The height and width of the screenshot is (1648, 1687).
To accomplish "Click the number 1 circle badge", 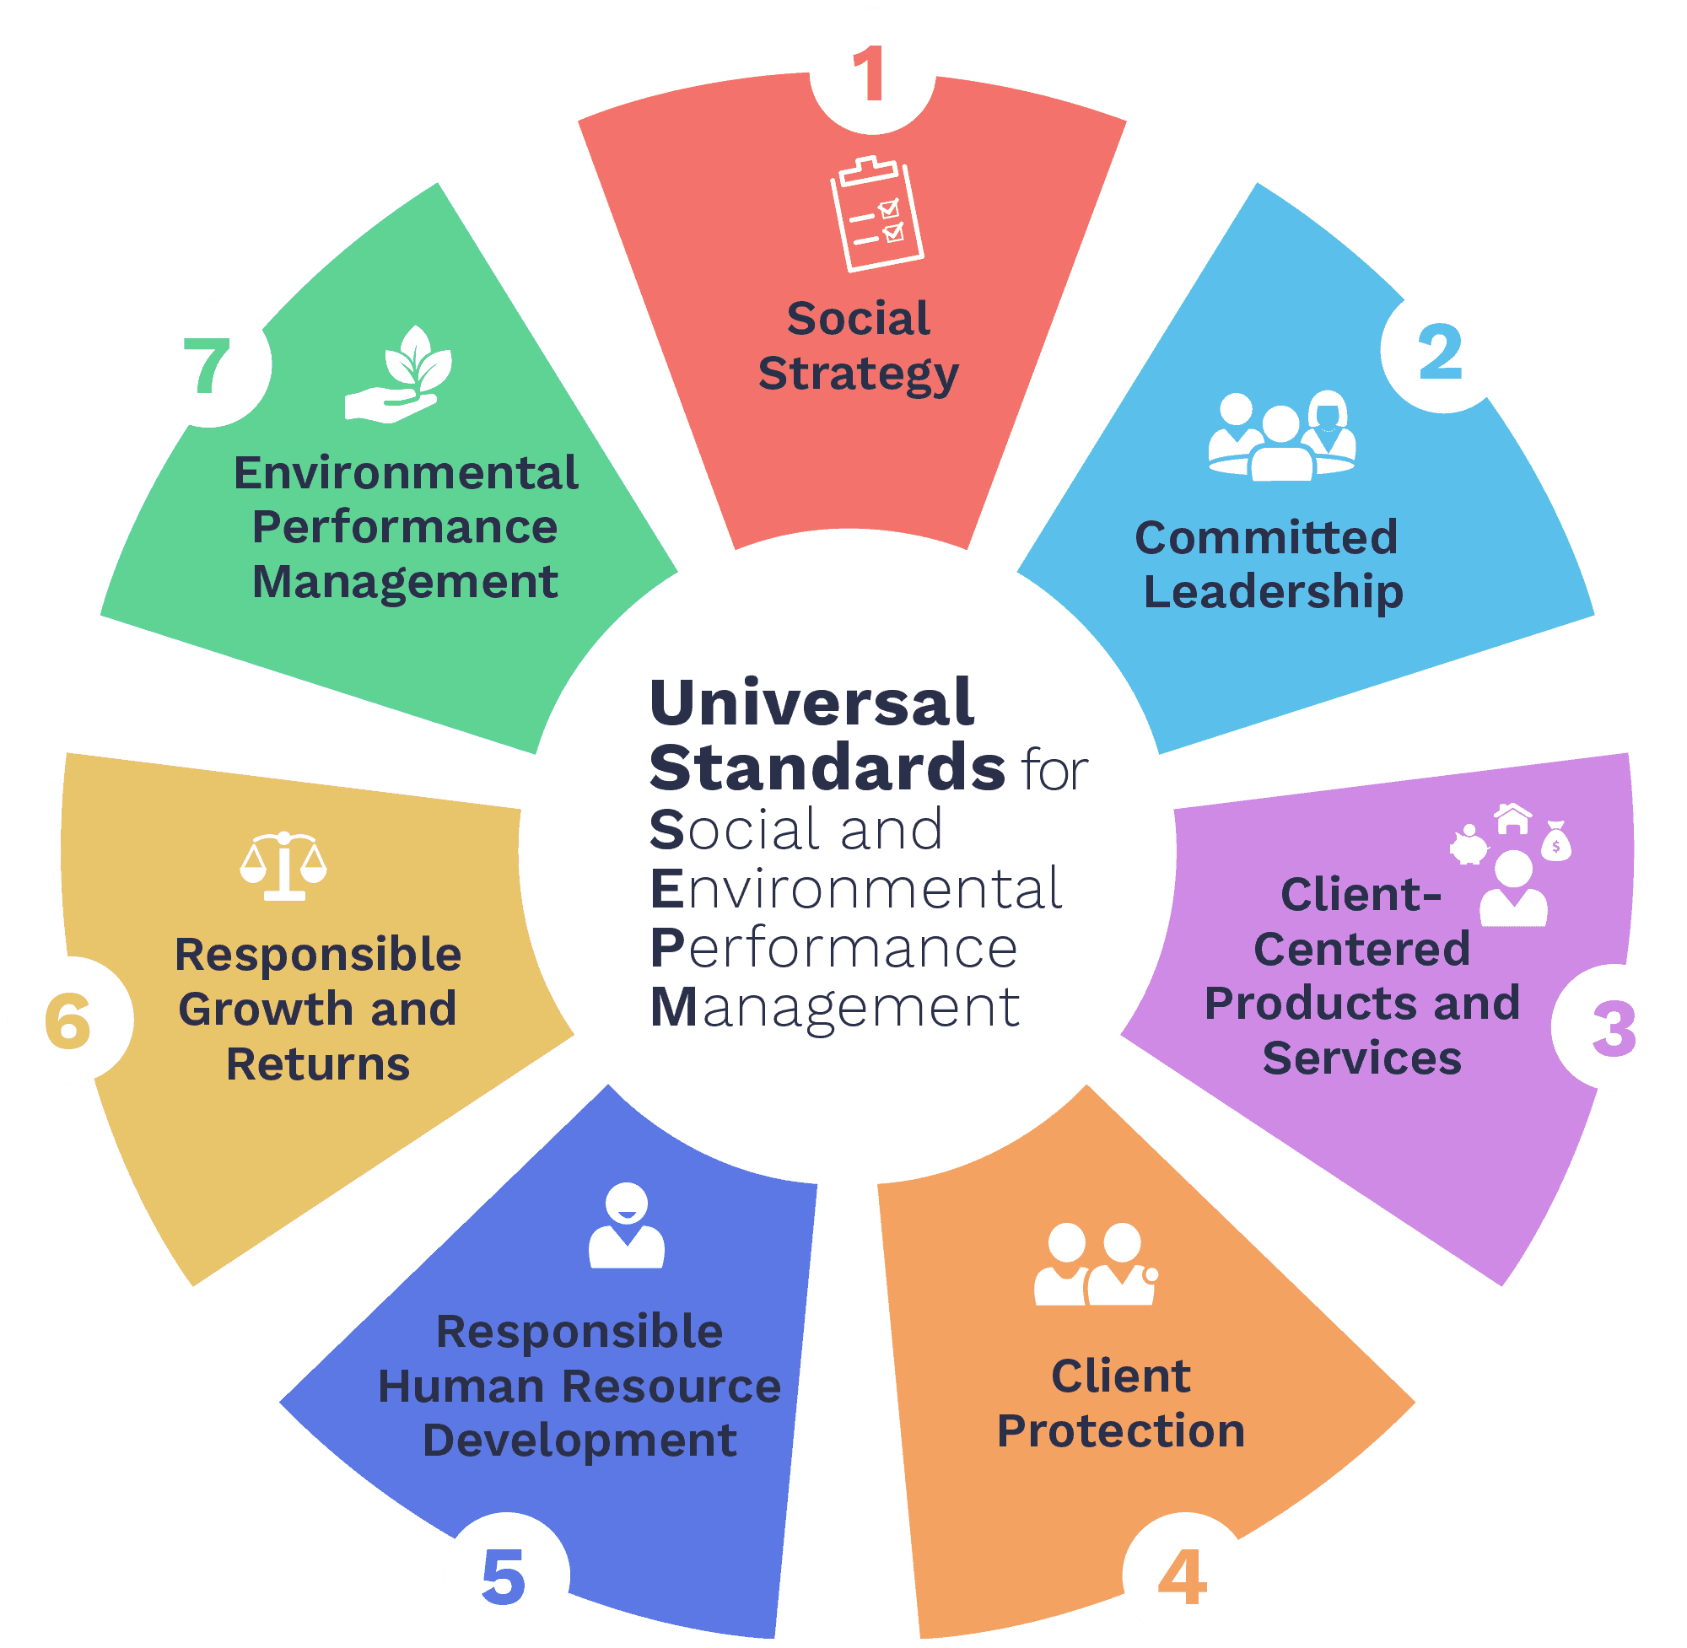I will click(x=871, y=72).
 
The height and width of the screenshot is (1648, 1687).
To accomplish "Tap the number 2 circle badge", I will click(x=1443, y=351).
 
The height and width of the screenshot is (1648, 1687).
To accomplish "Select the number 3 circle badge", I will click(x=1614, y=1027).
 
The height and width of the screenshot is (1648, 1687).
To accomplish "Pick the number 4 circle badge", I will click(x=1185, y=1575).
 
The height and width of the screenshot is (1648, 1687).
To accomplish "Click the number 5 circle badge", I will click(x=505, y=1575).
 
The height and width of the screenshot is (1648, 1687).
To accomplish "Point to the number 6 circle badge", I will click(x=70, y=1020).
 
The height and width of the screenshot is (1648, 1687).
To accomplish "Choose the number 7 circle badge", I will click(x=208, y=364).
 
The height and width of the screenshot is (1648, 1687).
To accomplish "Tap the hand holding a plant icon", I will click(x=399, y=375).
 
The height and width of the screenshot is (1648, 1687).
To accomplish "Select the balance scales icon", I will click(x=283, y=865).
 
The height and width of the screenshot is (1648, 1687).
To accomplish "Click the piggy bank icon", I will click(x=1468, y=846).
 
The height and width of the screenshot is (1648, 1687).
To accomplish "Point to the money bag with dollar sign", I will click(x=1555, y=842).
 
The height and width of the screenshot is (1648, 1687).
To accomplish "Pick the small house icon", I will click(x=1512, y=818).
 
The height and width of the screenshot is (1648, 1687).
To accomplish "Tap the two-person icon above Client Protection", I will click(x=1095, y=1264).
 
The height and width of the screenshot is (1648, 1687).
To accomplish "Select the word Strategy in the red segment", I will click(x=858, y=374).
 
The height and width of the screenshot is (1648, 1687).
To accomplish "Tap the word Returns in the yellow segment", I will click(x=318, y=1064).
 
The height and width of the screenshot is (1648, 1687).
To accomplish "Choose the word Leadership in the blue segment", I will click(x=1272, y=592).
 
